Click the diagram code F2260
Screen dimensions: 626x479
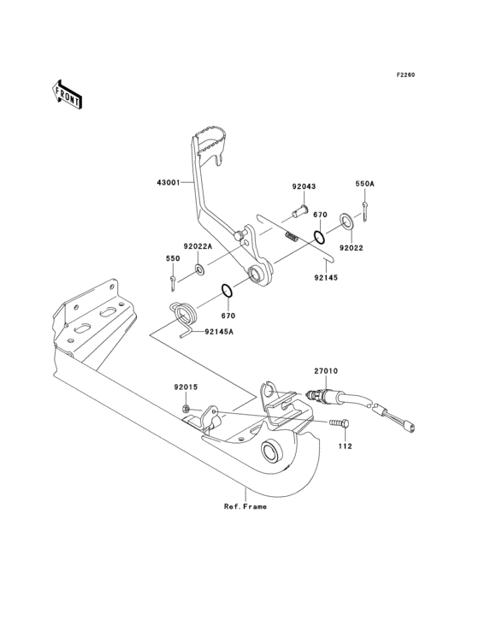(x=405, y=75)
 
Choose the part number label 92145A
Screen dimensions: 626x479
(x=222, y=334)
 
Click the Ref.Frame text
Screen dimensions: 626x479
(x=245, y=507)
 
